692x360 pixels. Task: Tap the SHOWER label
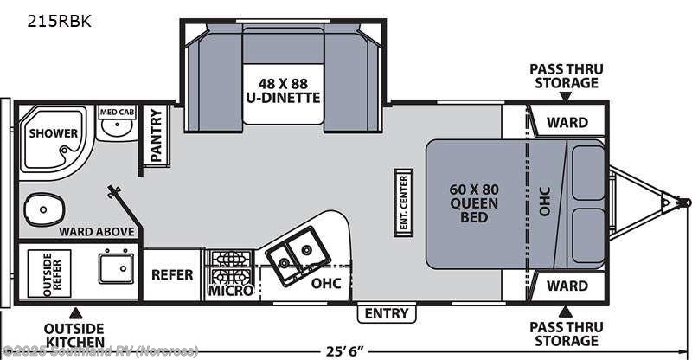(x=54, y=133)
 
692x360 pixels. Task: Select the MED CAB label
(x=115, y=112)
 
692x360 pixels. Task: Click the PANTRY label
(x=157, y=134)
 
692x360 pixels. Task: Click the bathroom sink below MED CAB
(x=112, y=131)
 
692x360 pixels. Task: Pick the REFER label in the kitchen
(x=172, y=275)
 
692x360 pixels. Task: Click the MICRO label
(x=231, y=291)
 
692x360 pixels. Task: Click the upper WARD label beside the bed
(x=567, y=123)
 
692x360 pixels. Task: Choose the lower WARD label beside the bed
(x=567, y=286)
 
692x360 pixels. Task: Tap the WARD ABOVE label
(x=96, y=231)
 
